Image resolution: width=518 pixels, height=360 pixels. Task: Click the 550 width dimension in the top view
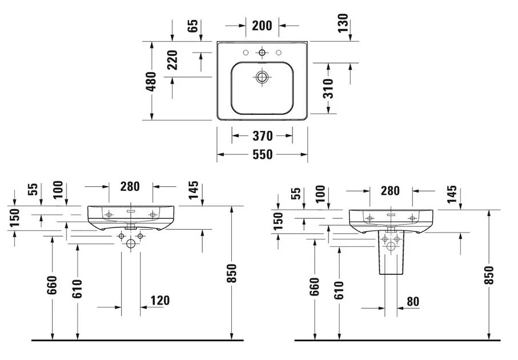point(262,154)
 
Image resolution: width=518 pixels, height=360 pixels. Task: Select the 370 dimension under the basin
point(262,136)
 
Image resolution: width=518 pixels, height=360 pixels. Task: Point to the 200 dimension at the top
point(262,25)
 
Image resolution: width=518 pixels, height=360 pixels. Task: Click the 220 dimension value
point(172,60)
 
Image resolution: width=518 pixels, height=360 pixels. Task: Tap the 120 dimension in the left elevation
point(160,301)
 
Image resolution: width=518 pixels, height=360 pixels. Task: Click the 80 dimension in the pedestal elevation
point(413,301)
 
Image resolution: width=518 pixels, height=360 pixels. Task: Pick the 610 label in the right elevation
point(339,290)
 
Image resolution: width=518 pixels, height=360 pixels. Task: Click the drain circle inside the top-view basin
point(262,77)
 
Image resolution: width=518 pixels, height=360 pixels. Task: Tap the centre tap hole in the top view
point(262,53)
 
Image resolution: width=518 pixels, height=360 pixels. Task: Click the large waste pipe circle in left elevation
point(131,245)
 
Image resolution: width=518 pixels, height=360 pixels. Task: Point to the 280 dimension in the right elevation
point(390,191)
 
